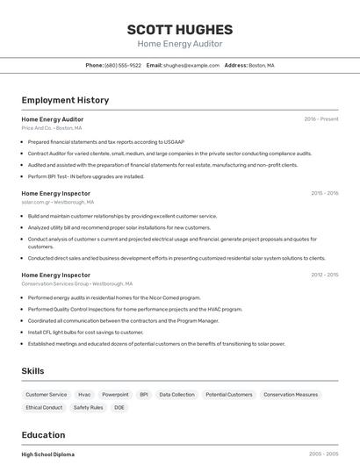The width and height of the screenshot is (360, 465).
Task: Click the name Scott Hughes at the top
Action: coord(179,29)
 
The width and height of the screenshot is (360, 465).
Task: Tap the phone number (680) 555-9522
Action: coord(123,65)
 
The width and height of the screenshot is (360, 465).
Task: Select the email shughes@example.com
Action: coord(191,65)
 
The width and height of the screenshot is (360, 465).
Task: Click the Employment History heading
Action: coord(65,100)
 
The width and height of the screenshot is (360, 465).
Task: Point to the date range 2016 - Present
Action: coord(321,119)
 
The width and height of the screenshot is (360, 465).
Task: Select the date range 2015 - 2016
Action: coord(324,193)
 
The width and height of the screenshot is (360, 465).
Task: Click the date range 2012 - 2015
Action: coord(324,275)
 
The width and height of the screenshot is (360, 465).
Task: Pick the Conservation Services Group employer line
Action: coord(76,283)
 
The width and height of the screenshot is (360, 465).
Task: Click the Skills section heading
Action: coord(33,371)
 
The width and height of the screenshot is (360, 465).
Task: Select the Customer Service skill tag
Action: coord(47,395)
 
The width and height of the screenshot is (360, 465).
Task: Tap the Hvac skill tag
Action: coord(84,395)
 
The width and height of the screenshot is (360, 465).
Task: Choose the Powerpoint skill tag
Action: coord(115,395)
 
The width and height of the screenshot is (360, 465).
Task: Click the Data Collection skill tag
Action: coord(176,395)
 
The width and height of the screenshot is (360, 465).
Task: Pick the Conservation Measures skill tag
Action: coord(291,395)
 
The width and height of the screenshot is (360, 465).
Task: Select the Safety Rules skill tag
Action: coord(88,407)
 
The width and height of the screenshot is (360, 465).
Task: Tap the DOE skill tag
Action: coord(119,407)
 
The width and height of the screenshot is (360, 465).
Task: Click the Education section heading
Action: coord(43,435)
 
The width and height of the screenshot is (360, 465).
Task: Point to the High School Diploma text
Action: coord(47,454)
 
